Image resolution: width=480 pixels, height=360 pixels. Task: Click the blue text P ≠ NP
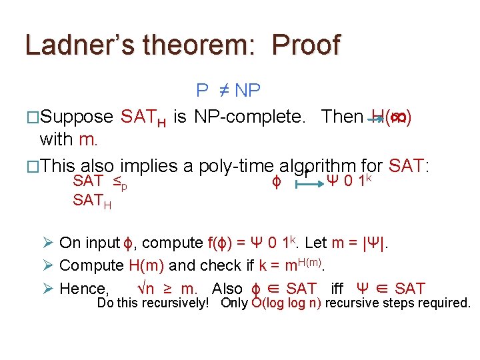[228, 90]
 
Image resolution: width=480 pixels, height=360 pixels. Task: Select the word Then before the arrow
[341, 117]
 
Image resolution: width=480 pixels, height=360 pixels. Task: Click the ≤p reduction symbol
[120, 181]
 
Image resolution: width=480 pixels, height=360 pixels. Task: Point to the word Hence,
[85, 289]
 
